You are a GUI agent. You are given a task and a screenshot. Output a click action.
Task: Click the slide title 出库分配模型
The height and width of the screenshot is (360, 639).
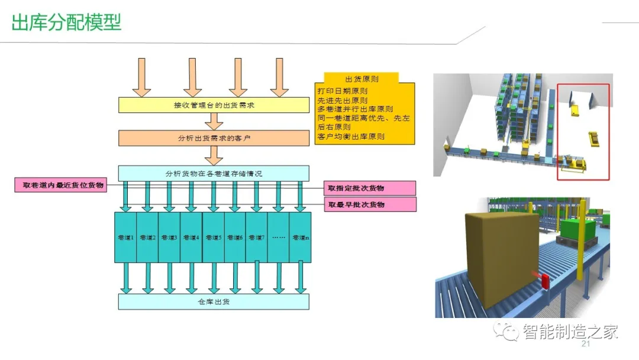coord(66,22)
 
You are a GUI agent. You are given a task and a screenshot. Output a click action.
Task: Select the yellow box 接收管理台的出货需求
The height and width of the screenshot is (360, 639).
coord(214,105)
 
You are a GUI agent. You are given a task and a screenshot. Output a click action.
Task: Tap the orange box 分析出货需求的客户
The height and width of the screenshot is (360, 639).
coord(214,138)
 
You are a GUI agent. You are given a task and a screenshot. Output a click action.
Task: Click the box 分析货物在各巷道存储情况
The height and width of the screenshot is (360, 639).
coord(214,173)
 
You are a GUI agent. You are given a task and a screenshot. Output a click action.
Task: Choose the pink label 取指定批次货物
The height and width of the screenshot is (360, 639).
coord(370,188)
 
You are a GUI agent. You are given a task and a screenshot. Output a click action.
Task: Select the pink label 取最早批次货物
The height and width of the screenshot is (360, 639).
coord(370,204)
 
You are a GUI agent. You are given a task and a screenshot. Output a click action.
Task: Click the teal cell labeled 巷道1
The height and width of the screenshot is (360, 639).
coord(125,237)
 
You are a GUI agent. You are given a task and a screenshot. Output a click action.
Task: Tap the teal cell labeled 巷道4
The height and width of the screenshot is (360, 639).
coord(191,237)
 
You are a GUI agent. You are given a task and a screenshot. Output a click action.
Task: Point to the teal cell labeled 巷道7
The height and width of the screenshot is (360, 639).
coord(256,237)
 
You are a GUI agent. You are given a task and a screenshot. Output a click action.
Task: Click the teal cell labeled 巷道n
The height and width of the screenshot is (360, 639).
coord(300,237)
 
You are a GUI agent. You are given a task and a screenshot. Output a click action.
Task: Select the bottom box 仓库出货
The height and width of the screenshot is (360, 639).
coord(214,301)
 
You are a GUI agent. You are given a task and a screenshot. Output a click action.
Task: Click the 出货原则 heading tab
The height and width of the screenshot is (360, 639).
coord(362,78)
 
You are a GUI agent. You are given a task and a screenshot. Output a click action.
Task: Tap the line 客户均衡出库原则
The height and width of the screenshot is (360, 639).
coord(351,136)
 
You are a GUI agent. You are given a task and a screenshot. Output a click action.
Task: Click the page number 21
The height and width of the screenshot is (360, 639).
coord(587,345)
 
